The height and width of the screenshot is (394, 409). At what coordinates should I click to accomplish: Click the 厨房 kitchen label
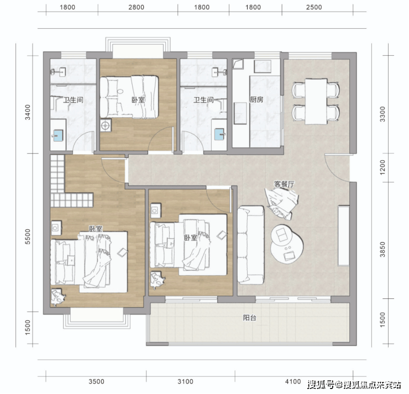click(x=256, y=99)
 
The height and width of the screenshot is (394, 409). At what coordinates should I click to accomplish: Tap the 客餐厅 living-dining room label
click(x=284, y=184)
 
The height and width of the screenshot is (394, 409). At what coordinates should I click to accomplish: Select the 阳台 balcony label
click(x=249, y=318)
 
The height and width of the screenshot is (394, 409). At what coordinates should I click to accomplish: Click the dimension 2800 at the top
click(x=136, y=7)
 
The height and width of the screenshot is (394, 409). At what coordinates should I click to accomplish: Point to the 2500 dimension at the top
click(x=314, y=7)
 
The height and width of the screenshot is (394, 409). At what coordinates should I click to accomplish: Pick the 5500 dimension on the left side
click(x=28, y=237)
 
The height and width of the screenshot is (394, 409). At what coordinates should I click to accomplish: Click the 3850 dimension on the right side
click(x=382, y=249)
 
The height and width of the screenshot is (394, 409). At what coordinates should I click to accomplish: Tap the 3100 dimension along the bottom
click(x=185, y=381)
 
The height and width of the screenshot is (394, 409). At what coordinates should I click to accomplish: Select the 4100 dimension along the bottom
click(x=293, y=381)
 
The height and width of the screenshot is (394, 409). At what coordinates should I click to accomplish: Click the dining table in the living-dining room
click(x=316, y=102)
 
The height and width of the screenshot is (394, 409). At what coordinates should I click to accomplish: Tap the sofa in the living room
click(x=251, y=245)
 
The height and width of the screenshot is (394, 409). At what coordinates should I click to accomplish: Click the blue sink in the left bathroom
click(x=58, y=135)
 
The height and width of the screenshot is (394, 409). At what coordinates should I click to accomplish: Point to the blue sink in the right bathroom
click(x=219, y=134)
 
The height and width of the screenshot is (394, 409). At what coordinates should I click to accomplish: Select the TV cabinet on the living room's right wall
click(x=344, y=236)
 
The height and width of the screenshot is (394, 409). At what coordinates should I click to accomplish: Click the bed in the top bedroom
click(x=129, y=97)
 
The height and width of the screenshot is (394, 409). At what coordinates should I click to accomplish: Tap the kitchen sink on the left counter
click(x=240, y=113)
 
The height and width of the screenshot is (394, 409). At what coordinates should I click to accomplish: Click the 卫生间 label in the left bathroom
click(x=74, y=99)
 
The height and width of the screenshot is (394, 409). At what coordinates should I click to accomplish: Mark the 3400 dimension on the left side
click(x=28, y=112)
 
